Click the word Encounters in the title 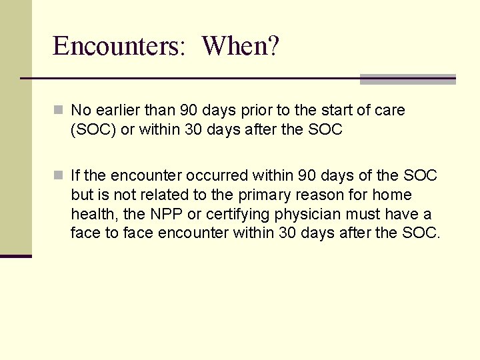[x=119, y=46]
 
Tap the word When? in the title [x=241, y=46]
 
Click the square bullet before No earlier [x=59, y=110]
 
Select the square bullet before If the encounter [x=59, y=175]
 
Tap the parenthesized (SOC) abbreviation [x=93, y=129]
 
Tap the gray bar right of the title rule [x=407, y=79]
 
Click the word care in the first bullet [x=390, y=110]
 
